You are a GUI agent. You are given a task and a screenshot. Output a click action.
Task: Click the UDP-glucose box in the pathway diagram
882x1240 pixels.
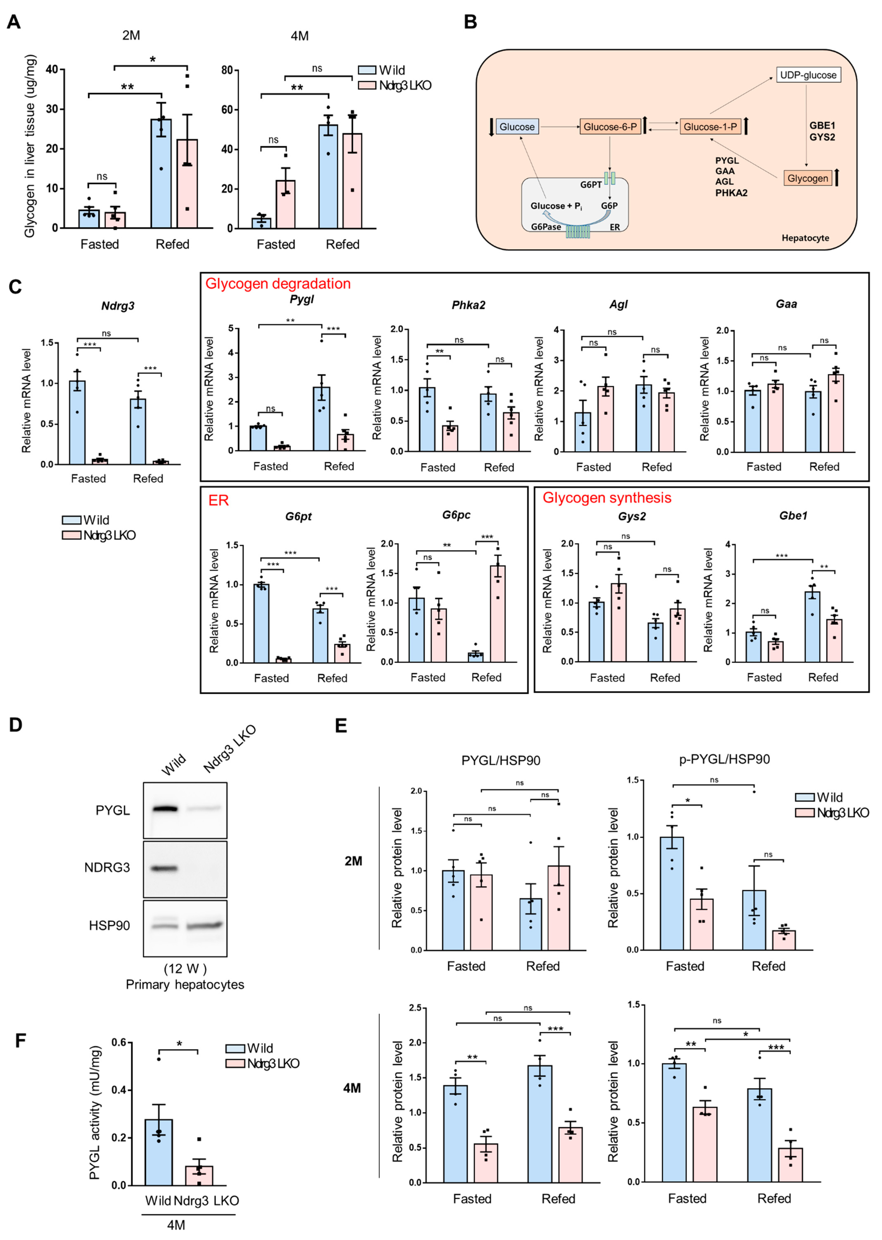click(808, 75)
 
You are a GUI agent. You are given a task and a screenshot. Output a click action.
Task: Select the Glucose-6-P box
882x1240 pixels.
click(610, 127)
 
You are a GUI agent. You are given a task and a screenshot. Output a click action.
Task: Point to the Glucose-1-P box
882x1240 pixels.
click(710, 127)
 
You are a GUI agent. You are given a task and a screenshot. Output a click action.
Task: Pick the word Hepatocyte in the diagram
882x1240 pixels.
click(805, 238)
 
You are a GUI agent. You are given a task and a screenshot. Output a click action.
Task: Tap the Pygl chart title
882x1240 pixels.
click(301, 299)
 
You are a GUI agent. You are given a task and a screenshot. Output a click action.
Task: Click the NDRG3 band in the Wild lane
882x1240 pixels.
click(164, 868)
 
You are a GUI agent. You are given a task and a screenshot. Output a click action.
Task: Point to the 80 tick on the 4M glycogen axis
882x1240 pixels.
click(227, 70)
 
